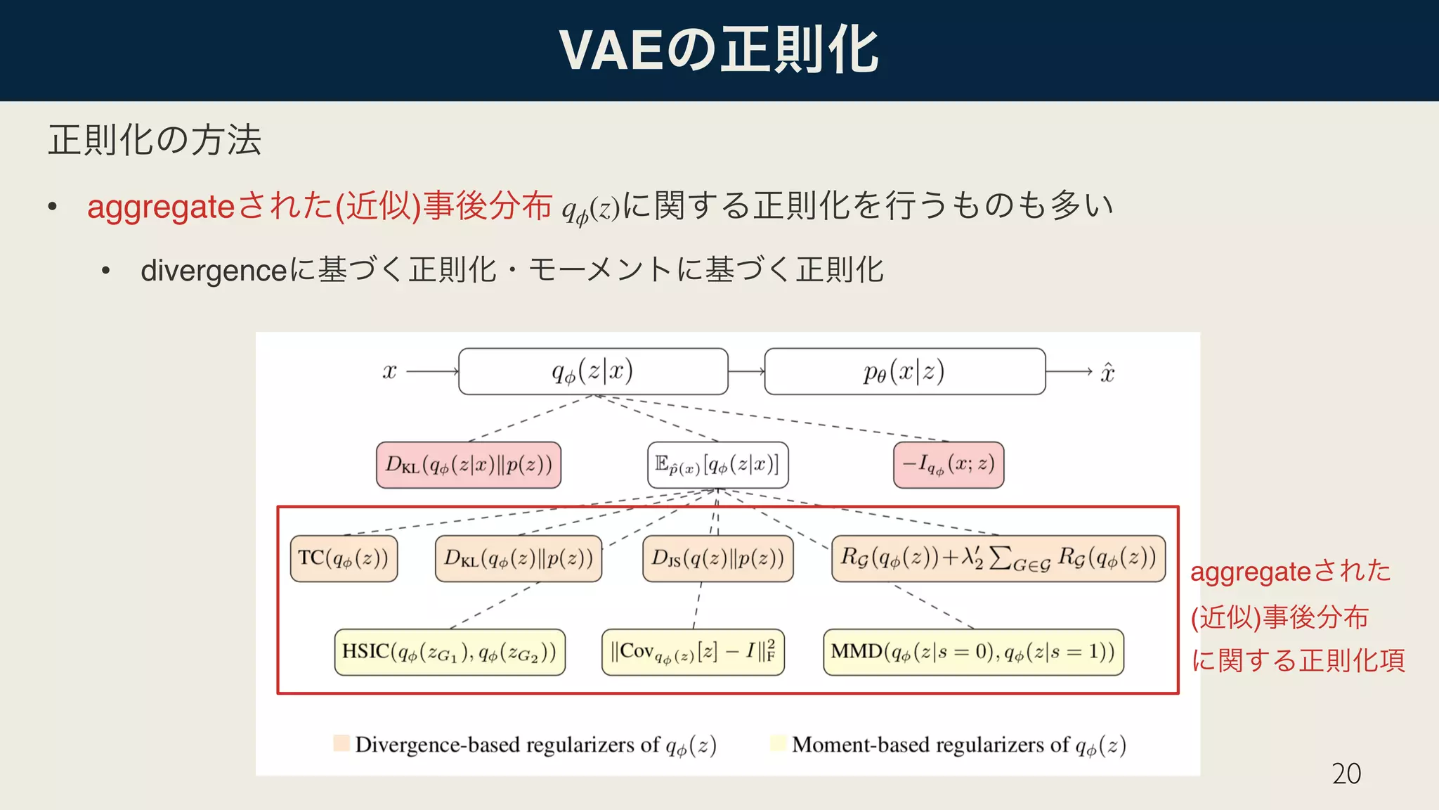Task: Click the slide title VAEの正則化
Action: (x=719, y=51)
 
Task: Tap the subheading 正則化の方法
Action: (x=155, y=139)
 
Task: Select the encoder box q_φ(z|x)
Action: (x=593, y=371)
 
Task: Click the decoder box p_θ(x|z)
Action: (x=904, y=371)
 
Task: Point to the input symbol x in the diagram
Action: (x=390, y=371)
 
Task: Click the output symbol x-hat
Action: (x=1107, y=372)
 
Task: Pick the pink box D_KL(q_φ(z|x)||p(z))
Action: (x=469, y=465)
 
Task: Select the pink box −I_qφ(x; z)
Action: (x=949, y=465)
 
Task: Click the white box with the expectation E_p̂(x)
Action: (x=717, y=465)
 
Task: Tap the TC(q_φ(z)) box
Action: (x=344, y=558)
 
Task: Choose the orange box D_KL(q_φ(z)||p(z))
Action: (x=519, y=558)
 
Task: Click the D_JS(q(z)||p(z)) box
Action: (x=717, y=558)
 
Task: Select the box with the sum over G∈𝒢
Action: (x=998, y=558)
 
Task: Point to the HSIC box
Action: (x=450, y=652)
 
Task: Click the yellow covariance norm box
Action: (x=693, y=652)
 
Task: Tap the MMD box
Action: (x=973, y=652)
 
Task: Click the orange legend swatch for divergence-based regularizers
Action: (x=341, y=743)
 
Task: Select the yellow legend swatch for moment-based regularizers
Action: (x=778, y=743)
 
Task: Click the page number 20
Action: (x=1346, y=773)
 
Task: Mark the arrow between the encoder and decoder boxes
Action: (x=746, y=371)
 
